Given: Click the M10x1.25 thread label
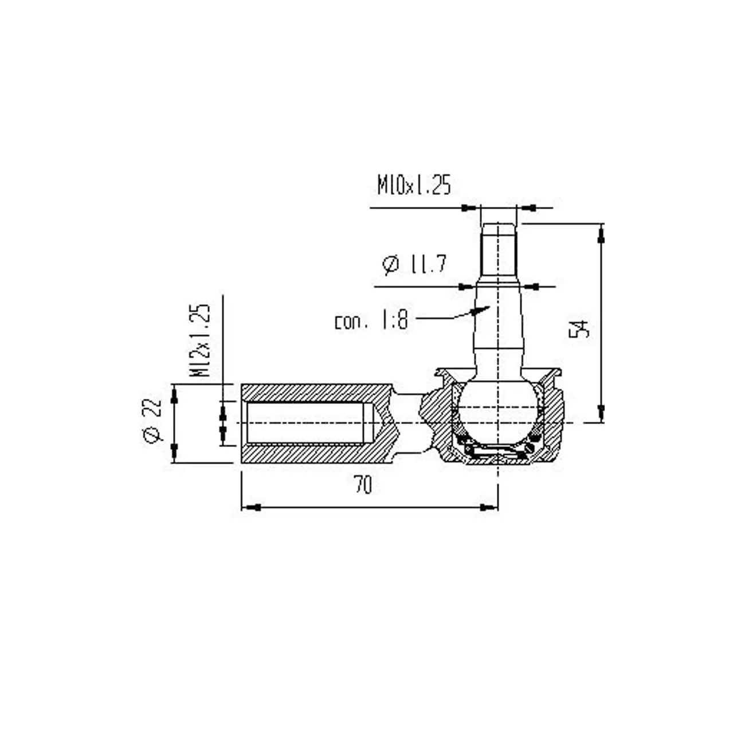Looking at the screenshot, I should pos(414,185).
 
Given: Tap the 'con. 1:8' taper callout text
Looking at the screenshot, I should pos(371,321).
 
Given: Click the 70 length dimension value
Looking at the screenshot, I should pos(363,485).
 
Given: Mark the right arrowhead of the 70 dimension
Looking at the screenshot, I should pos(488,507).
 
